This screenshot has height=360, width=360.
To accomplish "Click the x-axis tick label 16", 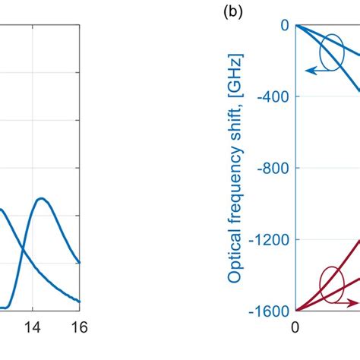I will (x=80, y=328).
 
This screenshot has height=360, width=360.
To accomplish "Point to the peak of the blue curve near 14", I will (x=41, y=199).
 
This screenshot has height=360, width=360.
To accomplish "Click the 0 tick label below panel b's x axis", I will (x=295, y=328).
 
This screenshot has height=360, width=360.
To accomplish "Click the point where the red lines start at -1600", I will (x=296, y=310).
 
